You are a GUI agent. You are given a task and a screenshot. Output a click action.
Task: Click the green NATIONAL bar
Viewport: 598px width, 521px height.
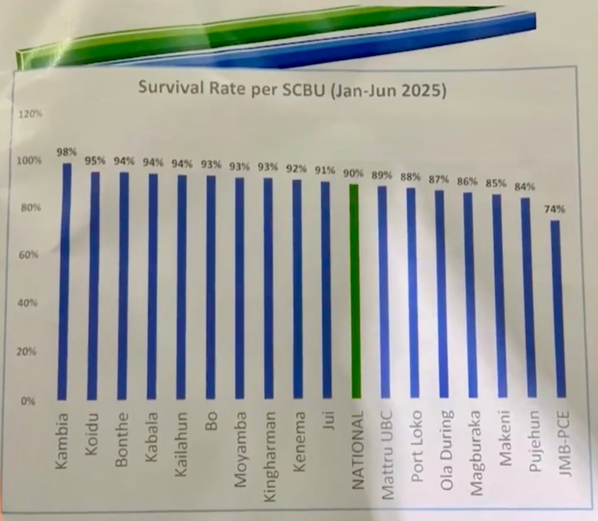pos(354,292)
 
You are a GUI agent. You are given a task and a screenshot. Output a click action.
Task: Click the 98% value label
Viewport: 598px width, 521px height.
pos(66,152)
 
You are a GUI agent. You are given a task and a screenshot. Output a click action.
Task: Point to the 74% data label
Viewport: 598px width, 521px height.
pos(554,209)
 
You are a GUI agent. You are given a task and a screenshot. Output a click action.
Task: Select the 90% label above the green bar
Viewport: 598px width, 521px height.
pos(353,174)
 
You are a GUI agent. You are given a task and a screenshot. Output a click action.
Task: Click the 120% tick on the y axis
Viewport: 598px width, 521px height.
pos(30,114)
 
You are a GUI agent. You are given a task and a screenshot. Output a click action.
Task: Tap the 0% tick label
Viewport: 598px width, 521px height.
pos(28,401)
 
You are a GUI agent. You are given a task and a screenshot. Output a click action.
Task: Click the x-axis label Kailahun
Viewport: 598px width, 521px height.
pos(182,444)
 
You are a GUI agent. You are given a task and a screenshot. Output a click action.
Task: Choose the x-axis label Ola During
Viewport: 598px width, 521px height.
pos(447,450)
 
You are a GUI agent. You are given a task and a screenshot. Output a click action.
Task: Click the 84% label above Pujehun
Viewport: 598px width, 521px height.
pos(524,187)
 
